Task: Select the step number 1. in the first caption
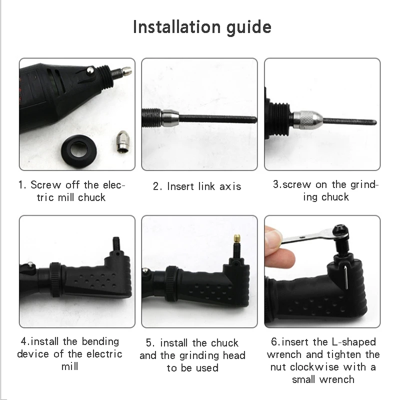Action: (x=22, y=185)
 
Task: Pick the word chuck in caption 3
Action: (x=335, y=197)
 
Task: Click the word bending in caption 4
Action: (x=99, y=341)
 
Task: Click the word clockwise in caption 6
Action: (x=306, y=367)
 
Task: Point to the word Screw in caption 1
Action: (x=46, y=185)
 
